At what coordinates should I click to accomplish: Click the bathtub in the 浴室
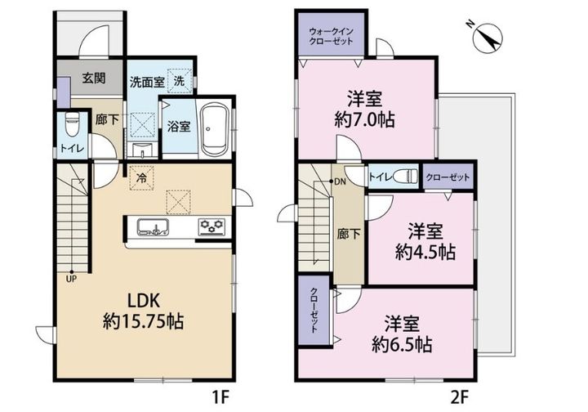tap(213, 128)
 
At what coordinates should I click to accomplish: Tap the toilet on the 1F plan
tap(71, 124)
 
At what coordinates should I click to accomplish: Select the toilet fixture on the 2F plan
tap(407, 176)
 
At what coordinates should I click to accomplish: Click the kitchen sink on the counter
tap(152, 226)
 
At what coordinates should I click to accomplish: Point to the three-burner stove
tap(212, 227)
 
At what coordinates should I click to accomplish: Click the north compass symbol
tap(487, 37)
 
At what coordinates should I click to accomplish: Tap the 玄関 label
tap(94, 78)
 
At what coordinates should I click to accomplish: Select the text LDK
tap(144, 300)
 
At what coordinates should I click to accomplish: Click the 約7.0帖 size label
tap(364, 120)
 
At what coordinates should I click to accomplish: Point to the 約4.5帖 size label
tap(425, 252)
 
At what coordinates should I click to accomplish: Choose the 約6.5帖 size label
tap(402, 344)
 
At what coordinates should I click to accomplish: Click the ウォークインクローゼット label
tap(331, 37)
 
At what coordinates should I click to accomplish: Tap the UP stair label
tap(71, 280)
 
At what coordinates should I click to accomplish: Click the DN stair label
tap(340, 182)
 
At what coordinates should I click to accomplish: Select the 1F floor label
tap(220, 397)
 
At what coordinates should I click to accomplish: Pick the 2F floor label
tap(460, 397)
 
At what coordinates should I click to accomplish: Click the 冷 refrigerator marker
tap(141, 178)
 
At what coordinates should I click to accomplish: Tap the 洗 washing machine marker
tap(180, 80)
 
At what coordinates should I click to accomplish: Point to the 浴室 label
tap(179, 127)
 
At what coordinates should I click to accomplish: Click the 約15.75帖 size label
tap(144, 321)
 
